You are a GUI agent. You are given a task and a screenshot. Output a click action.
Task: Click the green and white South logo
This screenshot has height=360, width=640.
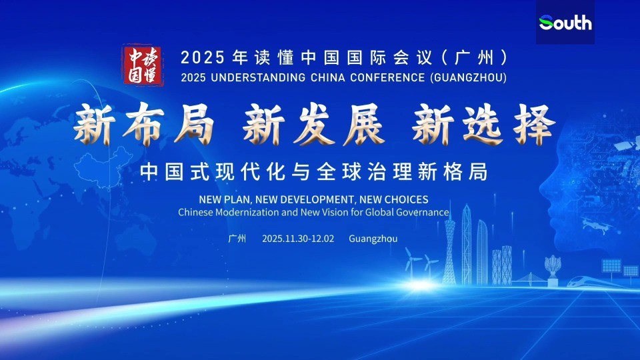pos(565,23)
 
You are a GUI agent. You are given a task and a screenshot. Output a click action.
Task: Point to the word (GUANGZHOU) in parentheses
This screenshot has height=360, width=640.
pos(469,77)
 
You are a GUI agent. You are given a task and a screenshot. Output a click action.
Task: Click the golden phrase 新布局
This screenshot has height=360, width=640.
pos(143,125)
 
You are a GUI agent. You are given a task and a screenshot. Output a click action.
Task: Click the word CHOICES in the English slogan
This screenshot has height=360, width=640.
pos(405,199)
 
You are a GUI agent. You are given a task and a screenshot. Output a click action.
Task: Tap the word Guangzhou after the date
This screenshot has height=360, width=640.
pos(373,239)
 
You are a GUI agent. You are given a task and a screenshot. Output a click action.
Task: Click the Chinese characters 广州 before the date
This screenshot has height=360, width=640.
pos(237,239)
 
